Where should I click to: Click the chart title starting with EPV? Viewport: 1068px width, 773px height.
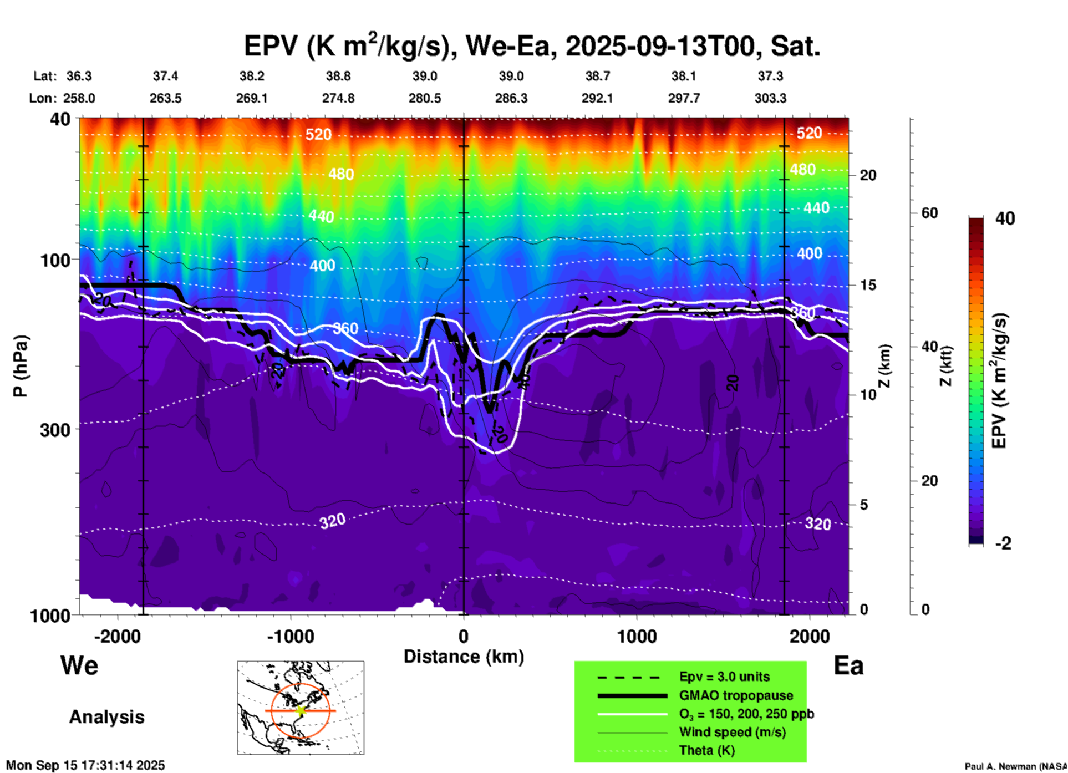coord(532,45)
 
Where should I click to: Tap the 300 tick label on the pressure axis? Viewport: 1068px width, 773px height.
coord(55,430)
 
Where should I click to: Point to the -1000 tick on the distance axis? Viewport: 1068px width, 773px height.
coord(290,637)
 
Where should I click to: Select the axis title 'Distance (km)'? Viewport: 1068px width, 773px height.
coord(464,657)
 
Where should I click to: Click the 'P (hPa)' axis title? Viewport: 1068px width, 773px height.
coord(21,366)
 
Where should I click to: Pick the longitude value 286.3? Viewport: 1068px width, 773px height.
coord(511,98)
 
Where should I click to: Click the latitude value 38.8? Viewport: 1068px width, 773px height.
coord(338,76)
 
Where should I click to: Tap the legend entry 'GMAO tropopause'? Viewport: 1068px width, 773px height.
coord(736,695)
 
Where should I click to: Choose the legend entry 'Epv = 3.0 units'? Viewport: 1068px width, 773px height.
coord(724,677)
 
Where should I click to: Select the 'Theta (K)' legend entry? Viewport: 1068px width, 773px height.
coord(706,751)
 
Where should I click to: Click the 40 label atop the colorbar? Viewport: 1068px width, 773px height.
coord(1004,218)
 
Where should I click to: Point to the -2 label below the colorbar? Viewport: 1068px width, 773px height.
coord(1003,543)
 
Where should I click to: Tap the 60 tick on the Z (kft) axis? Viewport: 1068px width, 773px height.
coord(929,213)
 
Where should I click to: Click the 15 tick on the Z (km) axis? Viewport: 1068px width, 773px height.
coord(868,285)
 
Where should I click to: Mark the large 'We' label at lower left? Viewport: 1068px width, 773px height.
coord(79,665)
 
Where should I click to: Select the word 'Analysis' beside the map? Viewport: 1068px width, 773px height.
coord(106,717)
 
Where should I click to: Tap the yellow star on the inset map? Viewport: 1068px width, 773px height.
coord(301,710)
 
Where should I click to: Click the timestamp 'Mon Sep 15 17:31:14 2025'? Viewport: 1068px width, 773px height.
coord(85,765)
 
